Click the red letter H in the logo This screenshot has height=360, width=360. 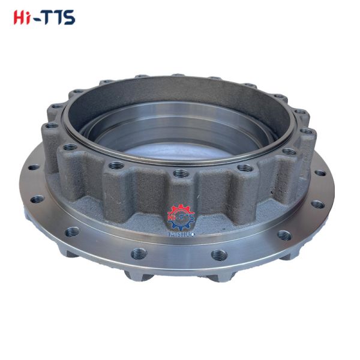click(x=20, y=17)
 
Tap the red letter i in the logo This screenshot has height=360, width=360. click(x=30, y=17)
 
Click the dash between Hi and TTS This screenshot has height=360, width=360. click(x=39, y=19)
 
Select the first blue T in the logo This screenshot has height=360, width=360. click(x=50, y=17)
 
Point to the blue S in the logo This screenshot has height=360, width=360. click(x=70, y=17)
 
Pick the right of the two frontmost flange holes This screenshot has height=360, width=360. click(x=218, y=254)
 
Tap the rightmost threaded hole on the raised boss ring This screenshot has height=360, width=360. click(x=307, y=131)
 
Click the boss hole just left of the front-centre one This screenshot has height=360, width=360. click(x=116, y=165)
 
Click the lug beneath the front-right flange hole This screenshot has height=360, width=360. click(x=219, y=276)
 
